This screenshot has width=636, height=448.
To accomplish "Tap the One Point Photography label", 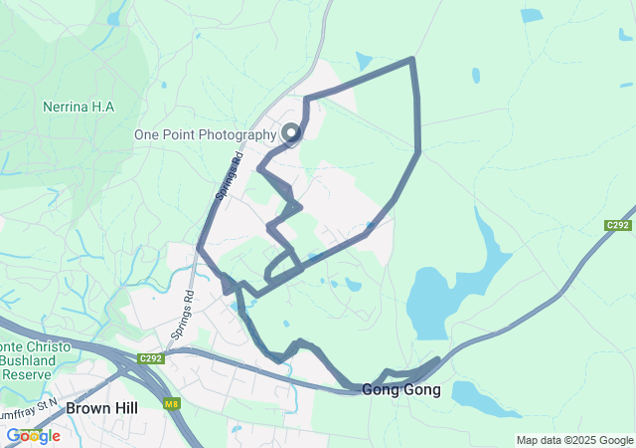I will coord(206,134).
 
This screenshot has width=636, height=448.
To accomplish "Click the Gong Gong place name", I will coord(401,389).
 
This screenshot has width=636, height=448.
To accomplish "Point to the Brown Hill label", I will coord(101,408).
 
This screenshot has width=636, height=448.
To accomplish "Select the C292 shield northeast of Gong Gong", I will coord(618,226).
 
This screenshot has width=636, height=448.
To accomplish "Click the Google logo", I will coord(33,436).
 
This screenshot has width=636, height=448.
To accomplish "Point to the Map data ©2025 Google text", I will coord(573,440).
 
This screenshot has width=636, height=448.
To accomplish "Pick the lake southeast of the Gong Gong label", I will coord(485,397).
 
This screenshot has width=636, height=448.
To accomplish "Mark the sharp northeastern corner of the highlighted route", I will coord(411,61).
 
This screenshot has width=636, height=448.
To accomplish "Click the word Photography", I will coord(237,134).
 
